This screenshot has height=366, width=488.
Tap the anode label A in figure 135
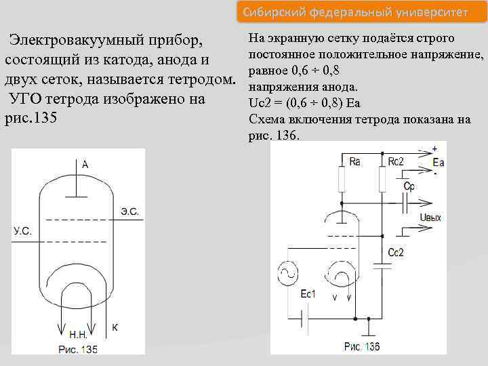click(x=85, y=164)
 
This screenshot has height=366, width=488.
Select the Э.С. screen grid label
click(x=129, y=211)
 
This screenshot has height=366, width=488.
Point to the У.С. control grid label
click(x=22, y=232)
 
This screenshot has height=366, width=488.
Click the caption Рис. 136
click(x=361, y=347)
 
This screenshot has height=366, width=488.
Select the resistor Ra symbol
click(x=342, y=180)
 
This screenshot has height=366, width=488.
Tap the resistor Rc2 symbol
click(x=382, y=180)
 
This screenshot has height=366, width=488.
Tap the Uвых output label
click(x=430, y=218)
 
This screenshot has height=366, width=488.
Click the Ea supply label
click(x=438, y=162)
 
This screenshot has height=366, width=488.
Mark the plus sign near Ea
click(x=434, y=148)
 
